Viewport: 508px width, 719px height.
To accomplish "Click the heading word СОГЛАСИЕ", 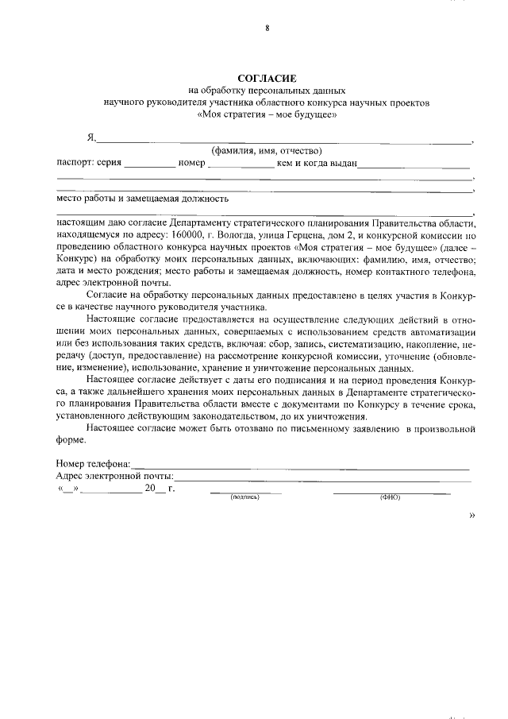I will [x=267, y=79].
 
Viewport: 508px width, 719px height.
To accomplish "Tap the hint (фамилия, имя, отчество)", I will [x=264, y=151].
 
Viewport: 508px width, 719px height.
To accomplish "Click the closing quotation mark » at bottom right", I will [x=472, y=516].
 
